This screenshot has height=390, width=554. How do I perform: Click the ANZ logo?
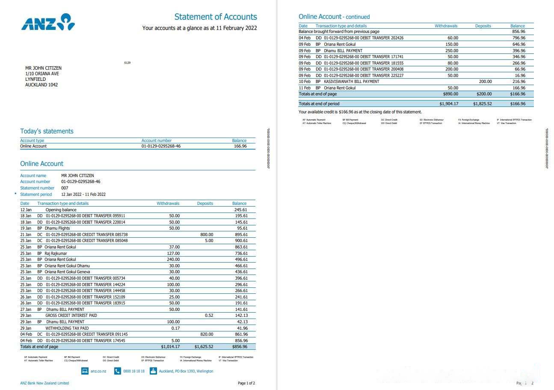click(x=48, y=22)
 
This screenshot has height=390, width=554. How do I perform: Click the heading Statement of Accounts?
click(x=215, y=17)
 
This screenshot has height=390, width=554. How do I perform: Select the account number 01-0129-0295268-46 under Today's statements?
click(x=161, y=146)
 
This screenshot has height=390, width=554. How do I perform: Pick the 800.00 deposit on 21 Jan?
click(x=206, y=235)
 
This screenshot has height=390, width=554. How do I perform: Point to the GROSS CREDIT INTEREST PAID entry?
click(x=71, y=316)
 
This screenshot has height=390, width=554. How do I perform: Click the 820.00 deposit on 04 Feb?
click(x=206, y=334)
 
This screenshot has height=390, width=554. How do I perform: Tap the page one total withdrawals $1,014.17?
click(x=170, y=347)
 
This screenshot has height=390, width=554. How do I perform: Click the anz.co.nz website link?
click(x=98, y=371)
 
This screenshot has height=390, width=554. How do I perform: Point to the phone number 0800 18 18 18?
click(x=133, y=371)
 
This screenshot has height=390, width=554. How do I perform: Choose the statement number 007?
click(x=65, y=188)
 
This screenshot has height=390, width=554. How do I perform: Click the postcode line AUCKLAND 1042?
click(x=41, y=85)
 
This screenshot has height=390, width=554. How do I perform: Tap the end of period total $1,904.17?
click(x=448, y=104)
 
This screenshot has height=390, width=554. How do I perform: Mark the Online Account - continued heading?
click(x=334, y=17)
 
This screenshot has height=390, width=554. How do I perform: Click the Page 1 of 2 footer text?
click(x=246, y=383)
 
